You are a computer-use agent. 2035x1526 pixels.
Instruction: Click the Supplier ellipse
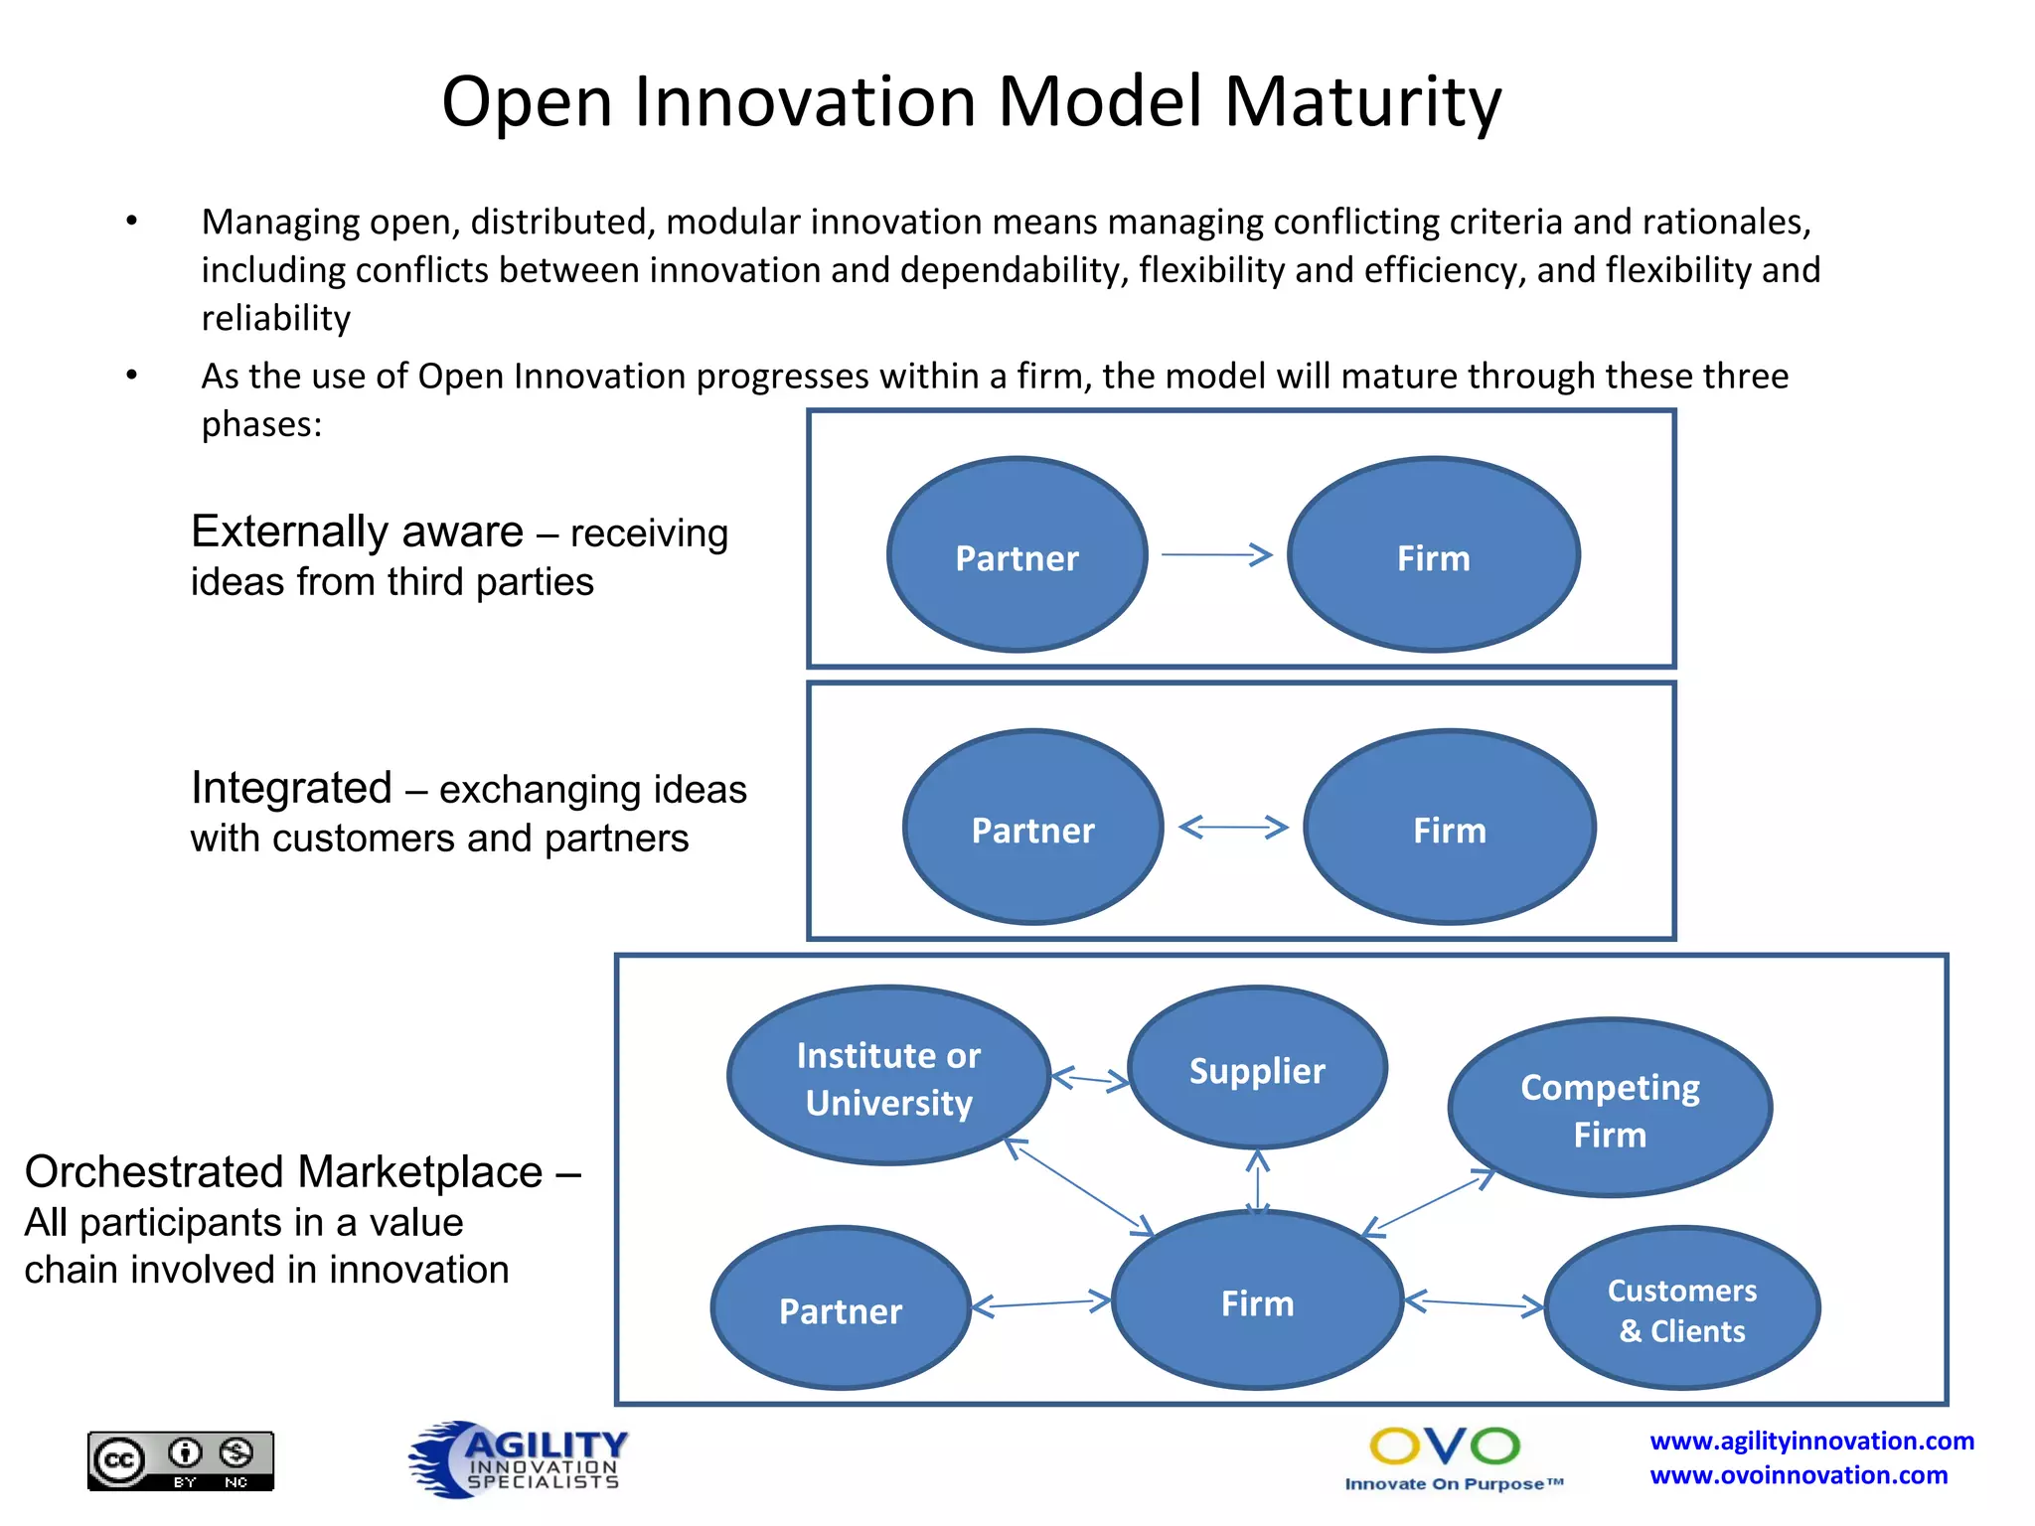(1257, 1069)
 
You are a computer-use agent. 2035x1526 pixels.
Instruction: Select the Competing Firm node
(1610, 1109)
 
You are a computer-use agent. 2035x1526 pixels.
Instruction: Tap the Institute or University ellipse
(888, 1077)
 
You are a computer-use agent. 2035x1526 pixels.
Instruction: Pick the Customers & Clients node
(1681, 1309)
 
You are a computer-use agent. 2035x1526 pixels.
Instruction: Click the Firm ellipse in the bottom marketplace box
(1257, 1301)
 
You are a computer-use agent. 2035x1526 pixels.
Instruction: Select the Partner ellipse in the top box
(1017, 556)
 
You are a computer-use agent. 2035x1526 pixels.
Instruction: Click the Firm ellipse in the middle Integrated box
(1449, 829)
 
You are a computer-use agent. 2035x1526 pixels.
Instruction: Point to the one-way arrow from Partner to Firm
(1216, 554)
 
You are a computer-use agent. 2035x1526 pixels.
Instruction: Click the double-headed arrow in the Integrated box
(1233, 827)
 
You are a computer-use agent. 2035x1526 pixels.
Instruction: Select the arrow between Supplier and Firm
(1258, 1182)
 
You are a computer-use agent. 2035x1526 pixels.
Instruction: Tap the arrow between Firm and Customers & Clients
(1475, 1303)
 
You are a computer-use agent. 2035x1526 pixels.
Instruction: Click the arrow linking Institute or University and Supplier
(1090, 1079)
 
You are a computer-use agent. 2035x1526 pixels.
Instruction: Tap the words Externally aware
(357, 532)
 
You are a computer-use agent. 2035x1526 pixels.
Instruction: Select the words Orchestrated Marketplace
(283, 1172)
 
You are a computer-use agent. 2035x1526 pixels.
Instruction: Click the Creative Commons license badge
(181, 1460)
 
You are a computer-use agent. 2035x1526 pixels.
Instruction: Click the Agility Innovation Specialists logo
(519, 1458)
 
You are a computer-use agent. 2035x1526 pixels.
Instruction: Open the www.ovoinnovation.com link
(1799, 1475)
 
